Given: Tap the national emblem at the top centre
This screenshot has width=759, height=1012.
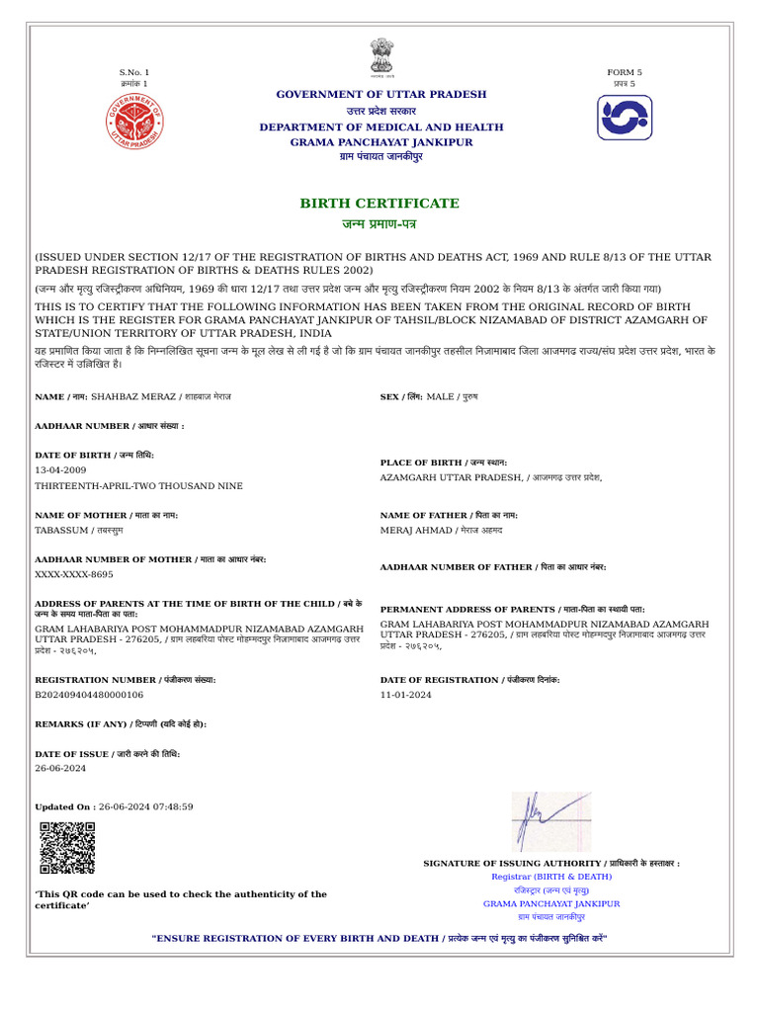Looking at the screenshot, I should pos(380,57).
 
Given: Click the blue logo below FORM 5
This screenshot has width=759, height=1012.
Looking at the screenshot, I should pos(625,118).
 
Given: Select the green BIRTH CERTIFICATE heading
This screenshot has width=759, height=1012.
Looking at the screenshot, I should pos(379,204).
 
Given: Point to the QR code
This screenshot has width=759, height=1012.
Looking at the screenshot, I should pos(67,847).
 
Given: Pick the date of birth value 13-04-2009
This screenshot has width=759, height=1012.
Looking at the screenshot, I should pos(60,470).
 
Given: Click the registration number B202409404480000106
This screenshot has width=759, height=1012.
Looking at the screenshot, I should pos(90,696).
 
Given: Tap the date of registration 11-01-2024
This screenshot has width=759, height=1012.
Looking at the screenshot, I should pos(406,696).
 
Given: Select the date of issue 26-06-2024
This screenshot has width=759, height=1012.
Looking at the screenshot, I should pos(60,768).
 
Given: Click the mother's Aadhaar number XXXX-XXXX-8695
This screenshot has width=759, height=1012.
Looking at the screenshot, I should pos(74,574).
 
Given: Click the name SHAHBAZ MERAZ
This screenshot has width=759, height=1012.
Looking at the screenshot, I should pos(134,396).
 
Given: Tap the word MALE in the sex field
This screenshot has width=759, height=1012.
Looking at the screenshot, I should pos(441,396).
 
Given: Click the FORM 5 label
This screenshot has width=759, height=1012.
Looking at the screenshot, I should pos(625,72).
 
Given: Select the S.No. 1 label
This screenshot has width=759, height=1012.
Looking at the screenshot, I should pos(133,72).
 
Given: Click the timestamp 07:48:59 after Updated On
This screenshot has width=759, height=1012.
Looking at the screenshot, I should pos(173,806).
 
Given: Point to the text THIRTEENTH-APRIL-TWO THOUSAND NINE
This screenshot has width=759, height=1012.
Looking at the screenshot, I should pos(138,486).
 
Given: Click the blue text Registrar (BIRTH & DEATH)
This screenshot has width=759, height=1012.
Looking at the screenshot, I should pos(551,877).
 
